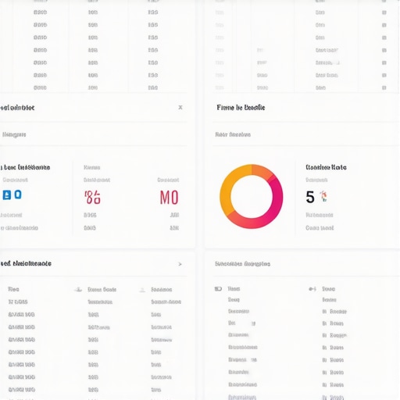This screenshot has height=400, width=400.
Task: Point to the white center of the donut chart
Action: point(251,196)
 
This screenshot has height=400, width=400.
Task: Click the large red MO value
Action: point(169,197)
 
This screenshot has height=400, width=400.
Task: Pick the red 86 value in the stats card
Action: point(92,197)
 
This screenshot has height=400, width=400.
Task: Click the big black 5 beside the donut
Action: point(310,197)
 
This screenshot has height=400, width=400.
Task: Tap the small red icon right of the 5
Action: point(323,196)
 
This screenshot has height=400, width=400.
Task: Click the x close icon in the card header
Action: point(180,108)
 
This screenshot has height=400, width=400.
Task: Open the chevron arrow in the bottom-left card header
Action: point(180,264)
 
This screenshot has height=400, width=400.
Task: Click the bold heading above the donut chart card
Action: point(241,108)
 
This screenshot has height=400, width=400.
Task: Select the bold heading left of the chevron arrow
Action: point(26,264)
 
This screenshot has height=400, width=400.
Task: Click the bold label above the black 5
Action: point(326,167)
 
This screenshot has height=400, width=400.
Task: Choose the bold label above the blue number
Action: point(26,167)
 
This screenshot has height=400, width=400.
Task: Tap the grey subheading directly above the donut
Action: point(233,134)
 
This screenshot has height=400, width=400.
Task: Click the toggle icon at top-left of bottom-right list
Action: point(218,289)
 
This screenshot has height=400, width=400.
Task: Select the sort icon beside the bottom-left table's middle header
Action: point(78,289)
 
